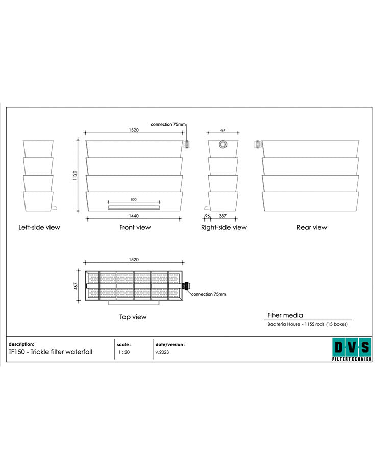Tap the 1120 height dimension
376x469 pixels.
pos(74,176)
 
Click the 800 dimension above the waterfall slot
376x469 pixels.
pos(134,200)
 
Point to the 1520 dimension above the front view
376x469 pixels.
pos(134,130)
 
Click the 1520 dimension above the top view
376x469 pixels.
pos(133,259)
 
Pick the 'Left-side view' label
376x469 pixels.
pos(39,227)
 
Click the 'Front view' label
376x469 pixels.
pos(135,227)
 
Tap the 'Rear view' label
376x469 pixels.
pos(312,227)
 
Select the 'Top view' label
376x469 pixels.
pos(133,317)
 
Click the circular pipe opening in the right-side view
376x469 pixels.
pos(223,145)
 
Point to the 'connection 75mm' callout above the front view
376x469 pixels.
pos(168,124)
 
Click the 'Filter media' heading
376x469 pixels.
pos(285,315)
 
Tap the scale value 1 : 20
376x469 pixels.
pos(123,352)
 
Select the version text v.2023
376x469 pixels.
pos(162,352)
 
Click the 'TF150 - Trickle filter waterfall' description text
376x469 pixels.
pos(51,352)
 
